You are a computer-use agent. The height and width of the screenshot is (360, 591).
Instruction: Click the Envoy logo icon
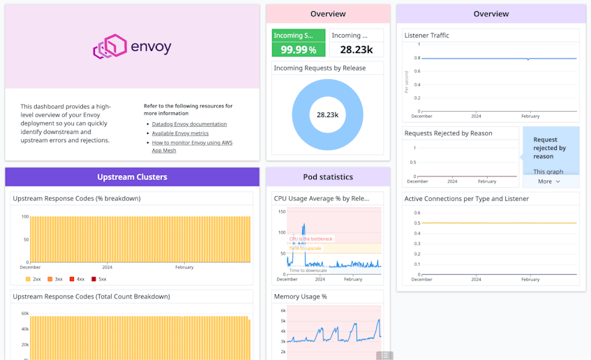coord(110,47)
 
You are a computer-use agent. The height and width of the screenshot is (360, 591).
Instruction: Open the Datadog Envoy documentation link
coord(189,124)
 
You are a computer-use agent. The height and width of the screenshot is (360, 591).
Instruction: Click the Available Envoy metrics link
coord(180,133)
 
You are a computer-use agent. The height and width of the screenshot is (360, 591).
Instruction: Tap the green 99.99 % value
coord(298,50)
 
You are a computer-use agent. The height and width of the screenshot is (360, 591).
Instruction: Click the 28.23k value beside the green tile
coord(356,50)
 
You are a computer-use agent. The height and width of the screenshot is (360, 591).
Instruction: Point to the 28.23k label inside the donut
coord(327,115)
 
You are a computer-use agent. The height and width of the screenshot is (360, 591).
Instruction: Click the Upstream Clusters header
coord(132,177)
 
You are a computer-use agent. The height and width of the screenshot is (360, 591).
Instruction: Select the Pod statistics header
coord(327,177)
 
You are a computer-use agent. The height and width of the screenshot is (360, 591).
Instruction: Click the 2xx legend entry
coord(33,279)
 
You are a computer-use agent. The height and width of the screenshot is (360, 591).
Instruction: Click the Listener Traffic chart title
coord(426,36)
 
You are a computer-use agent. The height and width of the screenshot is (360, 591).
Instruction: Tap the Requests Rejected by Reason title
coord(448,133)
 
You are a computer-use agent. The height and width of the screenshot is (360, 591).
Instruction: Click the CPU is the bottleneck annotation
coord(311,239)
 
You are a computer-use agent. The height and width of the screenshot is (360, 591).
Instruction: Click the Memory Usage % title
coord(300,297)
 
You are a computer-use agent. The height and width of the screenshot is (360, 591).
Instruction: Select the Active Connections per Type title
coord(466,199)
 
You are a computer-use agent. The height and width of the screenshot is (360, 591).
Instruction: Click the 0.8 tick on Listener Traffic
coord(417,59)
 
